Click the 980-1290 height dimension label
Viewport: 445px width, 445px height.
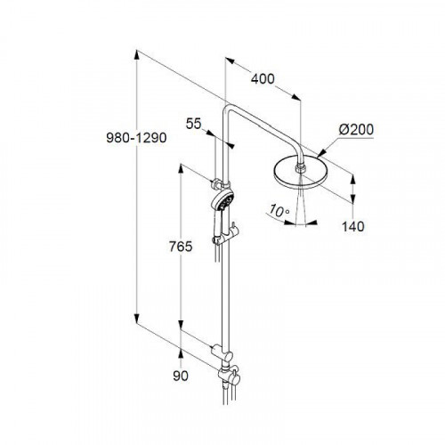tap(136, 138)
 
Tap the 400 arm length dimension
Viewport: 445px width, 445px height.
tap(263, 79)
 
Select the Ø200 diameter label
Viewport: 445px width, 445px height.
tap(356, 130)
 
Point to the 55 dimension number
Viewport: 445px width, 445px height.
tap(193, 124)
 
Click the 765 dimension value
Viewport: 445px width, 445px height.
tap(181, 247)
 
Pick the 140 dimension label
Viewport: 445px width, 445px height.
tap(353, 227)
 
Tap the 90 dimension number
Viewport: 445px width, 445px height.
tap(181, 376)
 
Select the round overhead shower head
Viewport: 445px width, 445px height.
tap(301, 174)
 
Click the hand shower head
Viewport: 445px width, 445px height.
tap(222, 200)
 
